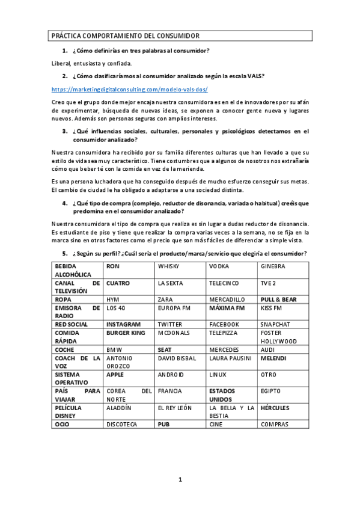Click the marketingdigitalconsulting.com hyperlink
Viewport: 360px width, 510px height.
130,89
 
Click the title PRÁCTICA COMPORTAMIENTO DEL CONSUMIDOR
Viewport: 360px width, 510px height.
125,36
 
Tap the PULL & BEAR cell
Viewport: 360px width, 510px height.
278,299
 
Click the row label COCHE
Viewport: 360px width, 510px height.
65,349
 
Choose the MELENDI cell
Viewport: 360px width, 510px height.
274,358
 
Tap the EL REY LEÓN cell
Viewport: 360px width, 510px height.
175,408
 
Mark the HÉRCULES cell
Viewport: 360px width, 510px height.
276,408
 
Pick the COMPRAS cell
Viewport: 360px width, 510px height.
275,425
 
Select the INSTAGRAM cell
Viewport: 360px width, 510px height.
123,324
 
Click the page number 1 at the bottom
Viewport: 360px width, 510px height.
180,479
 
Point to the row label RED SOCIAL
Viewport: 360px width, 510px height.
71,324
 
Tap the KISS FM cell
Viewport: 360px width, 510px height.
271,308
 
